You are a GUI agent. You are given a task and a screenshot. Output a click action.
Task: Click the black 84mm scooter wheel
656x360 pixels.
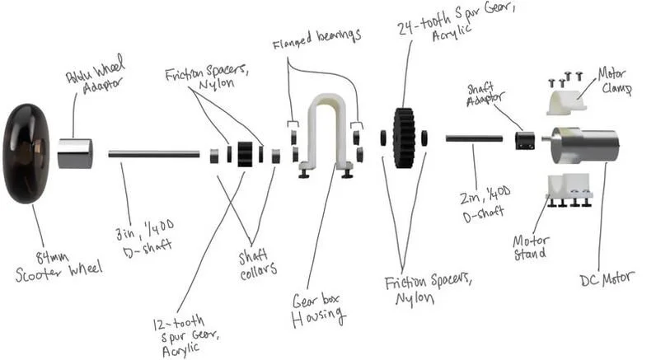tap(29, 153)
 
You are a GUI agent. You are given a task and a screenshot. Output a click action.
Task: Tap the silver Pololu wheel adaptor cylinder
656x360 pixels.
tap(74, 153)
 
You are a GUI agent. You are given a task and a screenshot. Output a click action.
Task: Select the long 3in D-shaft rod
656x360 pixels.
tap(153, 153)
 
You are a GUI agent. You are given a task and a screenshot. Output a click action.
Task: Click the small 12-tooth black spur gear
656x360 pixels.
tap(244, 154)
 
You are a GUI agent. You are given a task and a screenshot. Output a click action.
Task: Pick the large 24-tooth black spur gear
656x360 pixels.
tap(403, 138)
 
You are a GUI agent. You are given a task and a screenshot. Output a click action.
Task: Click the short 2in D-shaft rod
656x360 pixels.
tap(474, 138)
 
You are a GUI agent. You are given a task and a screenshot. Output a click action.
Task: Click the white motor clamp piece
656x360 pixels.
tap(565, 101)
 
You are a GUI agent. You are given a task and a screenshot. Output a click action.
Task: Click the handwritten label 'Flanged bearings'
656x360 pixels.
tap(317, 37)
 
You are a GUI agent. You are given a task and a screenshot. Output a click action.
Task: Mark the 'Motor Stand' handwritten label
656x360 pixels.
tap(530, 247)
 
